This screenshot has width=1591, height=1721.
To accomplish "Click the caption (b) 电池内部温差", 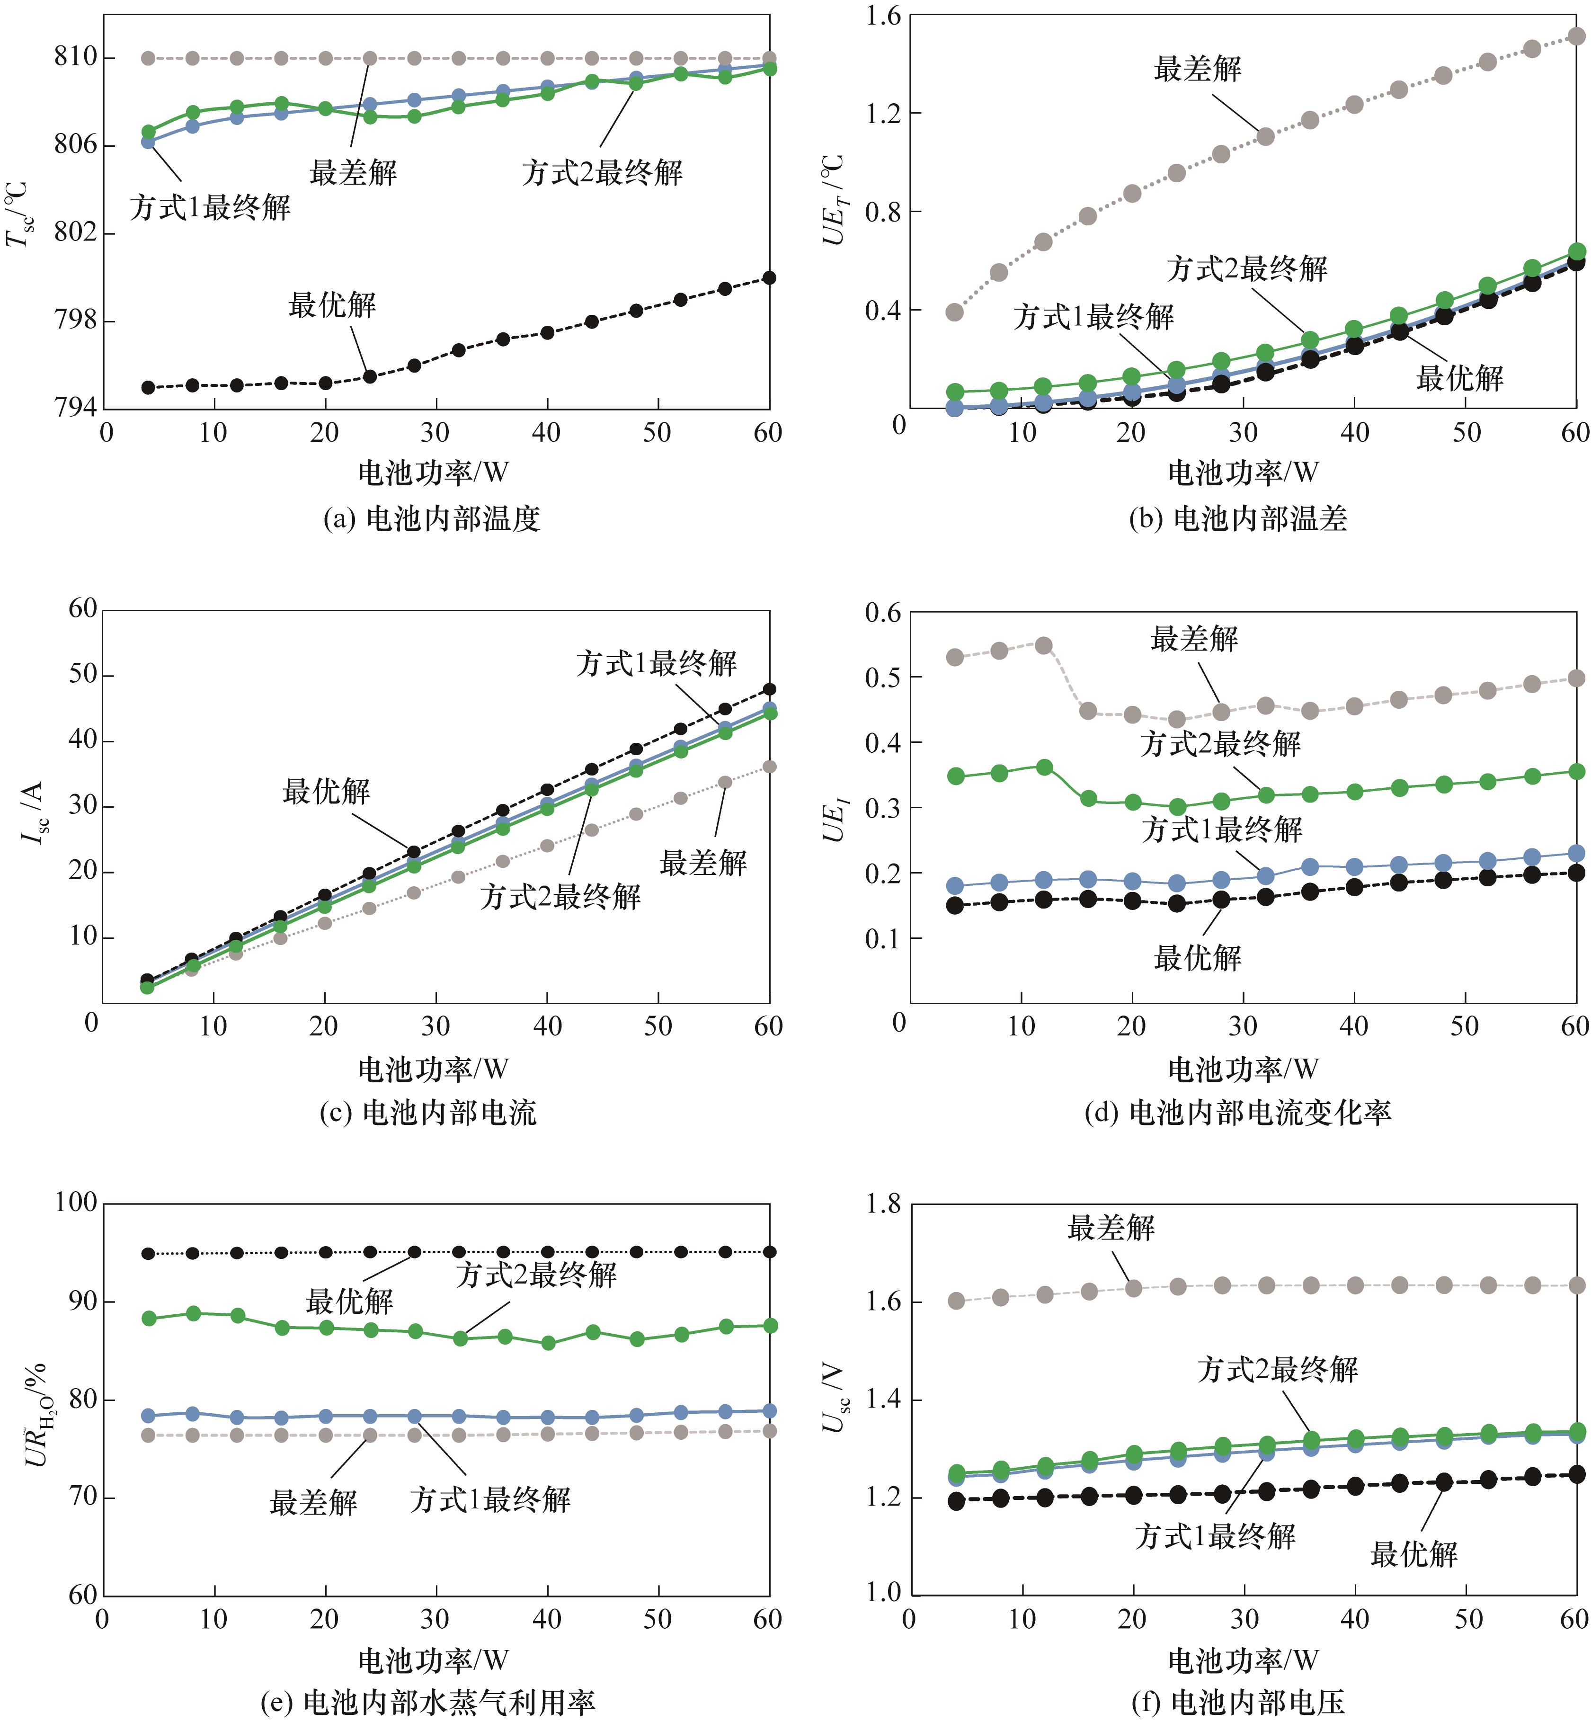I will click(1238, 518).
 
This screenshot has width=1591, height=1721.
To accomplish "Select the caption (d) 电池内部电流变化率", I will click(1238, 1113).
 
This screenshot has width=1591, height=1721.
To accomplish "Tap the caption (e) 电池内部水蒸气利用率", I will click(428, 1702).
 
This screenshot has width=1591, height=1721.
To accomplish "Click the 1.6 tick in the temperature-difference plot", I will click(881, 16).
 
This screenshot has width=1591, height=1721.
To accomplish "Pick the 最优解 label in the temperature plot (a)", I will click(332, 305).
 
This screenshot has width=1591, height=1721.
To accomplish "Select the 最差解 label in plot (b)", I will click(1198, 69).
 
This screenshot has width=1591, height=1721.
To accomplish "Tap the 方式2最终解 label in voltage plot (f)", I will click(1278, 1370).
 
